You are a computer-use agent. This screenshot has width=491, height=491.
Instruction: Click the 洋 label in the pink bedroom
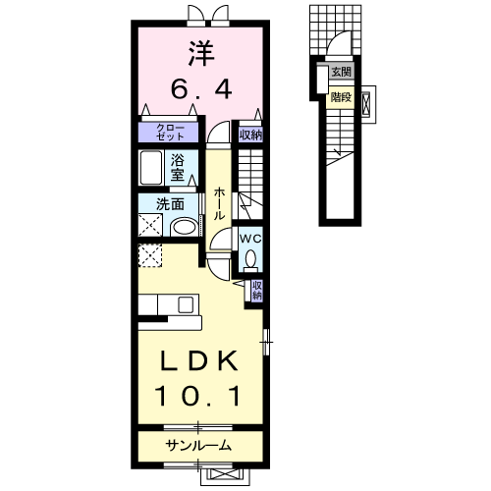[x=200, y=54]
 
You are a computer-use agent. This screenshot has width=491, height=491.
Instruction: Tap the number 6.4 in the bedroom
[x=201, y=89]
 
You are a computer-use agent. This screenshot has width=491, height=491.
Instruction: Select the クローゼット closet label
[x=170, y=133]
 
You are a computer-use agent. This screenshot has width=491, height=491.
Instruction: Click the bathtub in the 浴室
[x=151, y=168]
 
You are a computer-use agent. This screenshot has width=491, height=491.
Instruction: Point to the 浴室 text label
[x=177, y=168]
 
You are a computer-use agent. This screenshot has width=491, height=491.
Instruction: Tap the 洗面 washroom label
[x=170, y=204]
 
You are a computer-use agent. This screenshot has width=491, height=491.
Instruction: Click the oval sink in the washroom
[x=184, y=227]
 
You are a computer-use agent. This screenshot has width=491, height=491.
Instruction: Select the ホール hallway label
[x=219, y=203]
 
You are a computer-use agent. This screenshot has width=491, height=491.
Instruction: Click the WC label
[x=250, y=239]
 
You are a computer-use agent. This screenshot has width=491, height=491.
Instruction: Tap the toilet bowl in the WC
[x=250, y=258]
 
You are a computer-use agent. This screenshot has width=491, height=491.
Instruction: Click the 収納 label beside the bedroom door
[x=250, y=135]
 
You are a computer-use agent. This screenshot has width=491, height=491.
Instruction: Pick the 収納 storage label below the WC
[x=257, y=290]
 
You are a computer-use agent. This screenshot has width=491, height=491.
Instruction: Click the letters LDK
[x=198, y=360]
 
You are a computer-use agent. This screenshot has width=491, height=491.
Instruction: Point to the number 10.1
[x=197, y=396]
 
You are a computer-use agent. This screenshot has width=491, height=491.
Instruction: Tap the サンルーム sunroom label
[x=199, y=445]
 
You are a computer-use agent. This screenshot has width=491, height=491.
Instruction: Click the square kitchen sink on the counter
[x=186, y=305]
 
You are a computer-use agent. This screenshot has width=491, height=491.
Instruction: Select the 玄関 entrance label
[x=341, y=72]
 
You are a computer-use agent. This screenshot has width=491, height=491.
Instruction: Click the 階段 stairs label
[x=341, y=97]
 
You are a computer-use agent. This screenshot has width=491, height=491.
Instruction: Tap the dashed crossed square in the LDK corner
[x=150, y=255]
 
